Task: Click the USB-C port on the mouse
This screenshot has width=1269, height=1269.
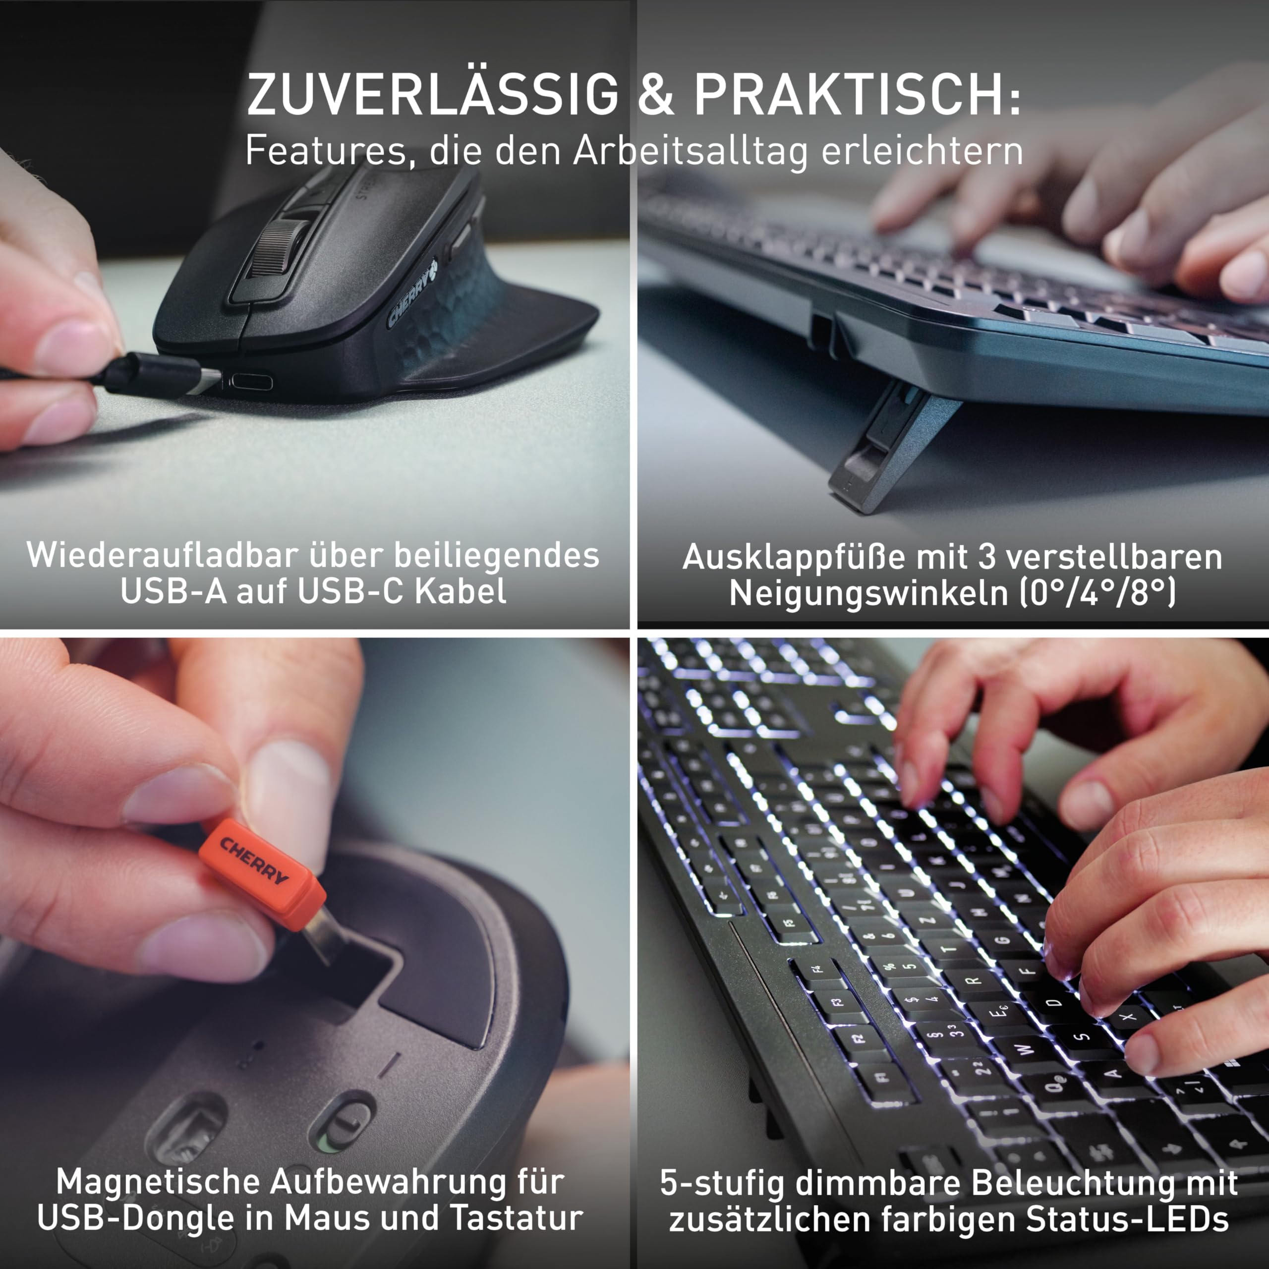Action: point(250,382)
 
